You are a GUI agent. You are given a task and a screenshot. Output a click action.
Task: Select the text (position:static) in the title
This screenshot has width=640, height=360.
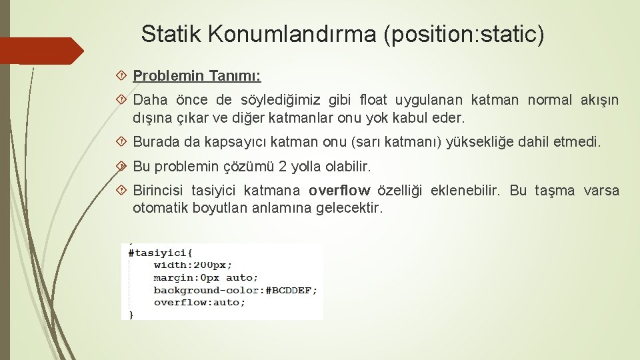click(464, 33)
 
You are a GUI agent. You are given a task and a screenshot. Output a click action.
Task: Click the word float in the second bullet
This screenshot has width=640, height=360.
click(374, 101)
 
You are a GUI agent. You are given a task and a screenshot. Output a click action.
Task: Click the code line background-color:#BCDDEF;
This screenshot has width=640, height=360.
click(235, 290)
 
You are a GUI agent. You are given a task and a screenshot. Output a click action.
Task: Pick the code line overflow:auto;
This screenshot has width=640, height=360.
click(199, 302)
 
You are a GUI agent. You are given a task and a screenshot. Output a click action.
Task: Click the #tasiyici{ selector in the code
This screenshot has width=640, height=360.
click(160, 253)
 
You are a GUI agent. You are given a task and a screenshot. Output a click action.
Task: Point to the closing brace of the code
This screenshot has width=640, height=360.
click(131, 314)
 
